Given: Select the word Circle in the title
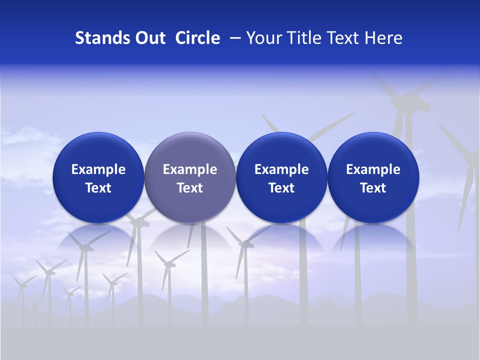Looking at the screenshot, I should click(197, 38).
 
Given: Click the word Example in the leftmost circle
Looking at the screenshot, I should click(98, 169).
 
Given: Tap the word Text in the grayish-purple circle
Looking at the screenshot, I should click(189, 188).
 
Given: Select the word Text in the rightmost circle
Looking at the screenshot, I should click(373, 188).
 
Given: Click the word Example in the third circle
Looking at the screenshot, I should click(281, 169).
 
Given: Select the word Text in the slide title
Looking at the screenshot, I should click(341, 38).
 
